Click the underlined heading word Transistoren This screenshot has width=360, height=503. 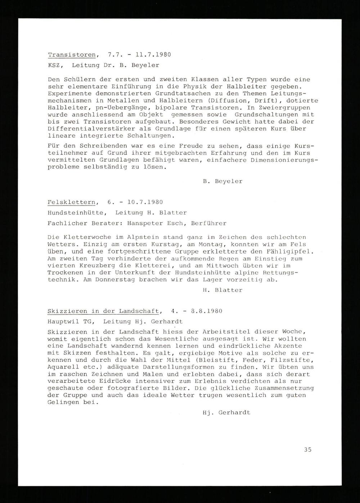coord(72,55)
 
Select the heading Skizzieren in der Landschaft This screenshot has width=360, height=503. coord(103,311)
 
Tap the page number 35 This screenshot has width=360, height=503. coord(307,449)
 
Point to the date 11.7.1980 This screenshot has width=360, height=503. coord(154,55)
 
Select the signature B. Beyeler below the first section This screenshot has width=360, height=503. coord(222,181)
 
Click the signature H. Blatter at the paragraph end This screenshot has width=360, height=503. coord(222,290)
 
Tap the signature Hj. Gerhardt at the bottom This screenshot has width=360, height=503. coord(226,413)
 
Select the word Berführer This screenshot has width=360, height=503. coord(208,223)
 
